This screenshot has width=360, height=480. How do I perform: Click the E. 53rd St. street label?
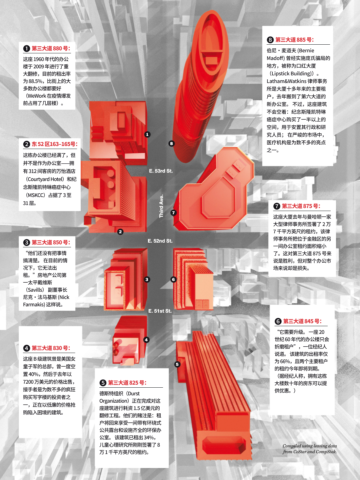pos(161,171)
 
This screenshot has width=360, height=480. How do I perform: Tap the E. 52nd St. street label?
pos(160,241)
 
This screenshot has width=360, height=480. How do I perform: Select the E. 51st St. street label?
pos(160,311)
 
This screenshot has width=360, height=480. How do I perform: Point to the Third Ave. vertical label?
pos(161,206)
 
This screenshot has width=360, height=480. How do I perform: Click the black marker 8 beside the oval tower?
pos(171,143)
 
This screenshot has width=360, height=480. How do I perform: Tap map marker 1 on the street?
pos(147,134)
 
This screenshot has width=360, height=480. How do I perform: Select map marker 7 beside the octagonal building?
pos(173,213)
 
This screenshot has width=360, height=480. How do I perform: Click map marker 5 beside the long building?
pos(177,364)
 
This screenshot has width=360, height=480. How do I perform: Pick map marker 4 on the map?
pos(146,340)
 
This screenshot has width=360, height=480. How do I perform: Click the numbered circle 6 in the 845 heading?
pos(278,321)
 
